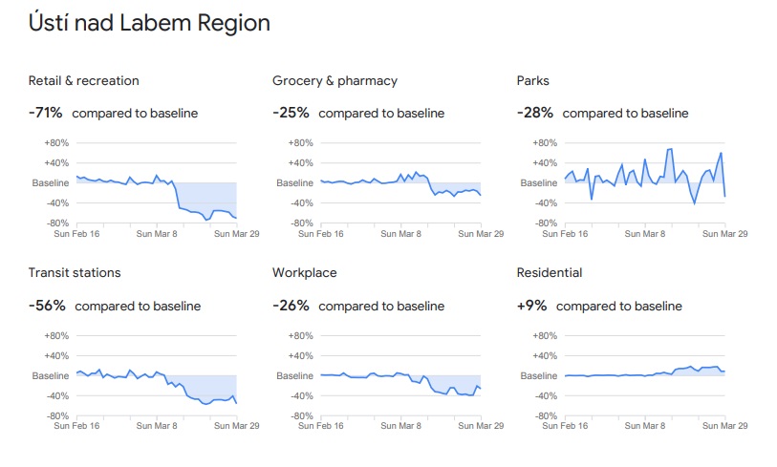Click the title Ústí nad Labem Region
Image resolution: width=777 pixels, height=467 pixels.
[x=149, y=24]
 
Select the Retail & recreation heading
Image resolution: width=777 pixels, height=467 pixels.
[x=83, y=80]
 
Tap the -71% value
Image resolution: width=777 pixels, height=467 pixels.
[x=46, y=113]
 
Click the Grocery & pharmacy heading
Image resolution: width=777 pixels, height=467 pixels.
[x=335, y=80]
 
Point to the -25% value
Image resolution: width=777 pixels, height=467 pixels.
[x=291, y=113]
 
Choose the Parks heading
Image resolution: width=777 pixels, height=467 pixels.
[x=533, y=80]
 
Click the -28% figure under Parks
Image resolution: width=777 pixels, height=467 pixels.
[x=535, y=113]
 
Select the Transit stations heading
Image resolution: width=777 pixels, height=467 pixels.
[x=75, y=272]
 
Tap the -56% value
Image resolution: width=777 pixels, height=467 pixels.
[x=47, y=306]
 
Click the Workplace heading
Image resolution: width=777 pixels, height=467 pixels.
[x=305, y=272]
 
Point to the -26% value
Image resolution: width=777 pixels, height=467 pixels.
[x=291, y=306]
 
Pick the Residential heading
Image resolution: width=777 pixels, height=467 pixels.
[x=550, y=272]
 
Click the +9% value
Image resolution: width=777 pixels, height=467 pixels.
[x=532, y=306]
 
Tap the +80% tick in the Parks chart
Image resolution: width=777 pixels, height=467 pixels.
[x=546, y=143]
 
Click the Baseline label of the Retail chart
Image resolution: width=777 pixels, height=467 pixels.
[x=51, y=182]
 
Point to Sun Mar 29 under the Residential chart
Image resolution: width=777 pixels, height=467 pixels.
[x=723, y=425]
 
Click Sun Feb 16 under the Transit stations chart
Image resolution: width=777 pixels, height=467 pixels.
[x=78, y=425]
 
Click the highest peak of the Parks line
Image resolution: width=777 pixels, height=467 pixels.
[x=670, y=149]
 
